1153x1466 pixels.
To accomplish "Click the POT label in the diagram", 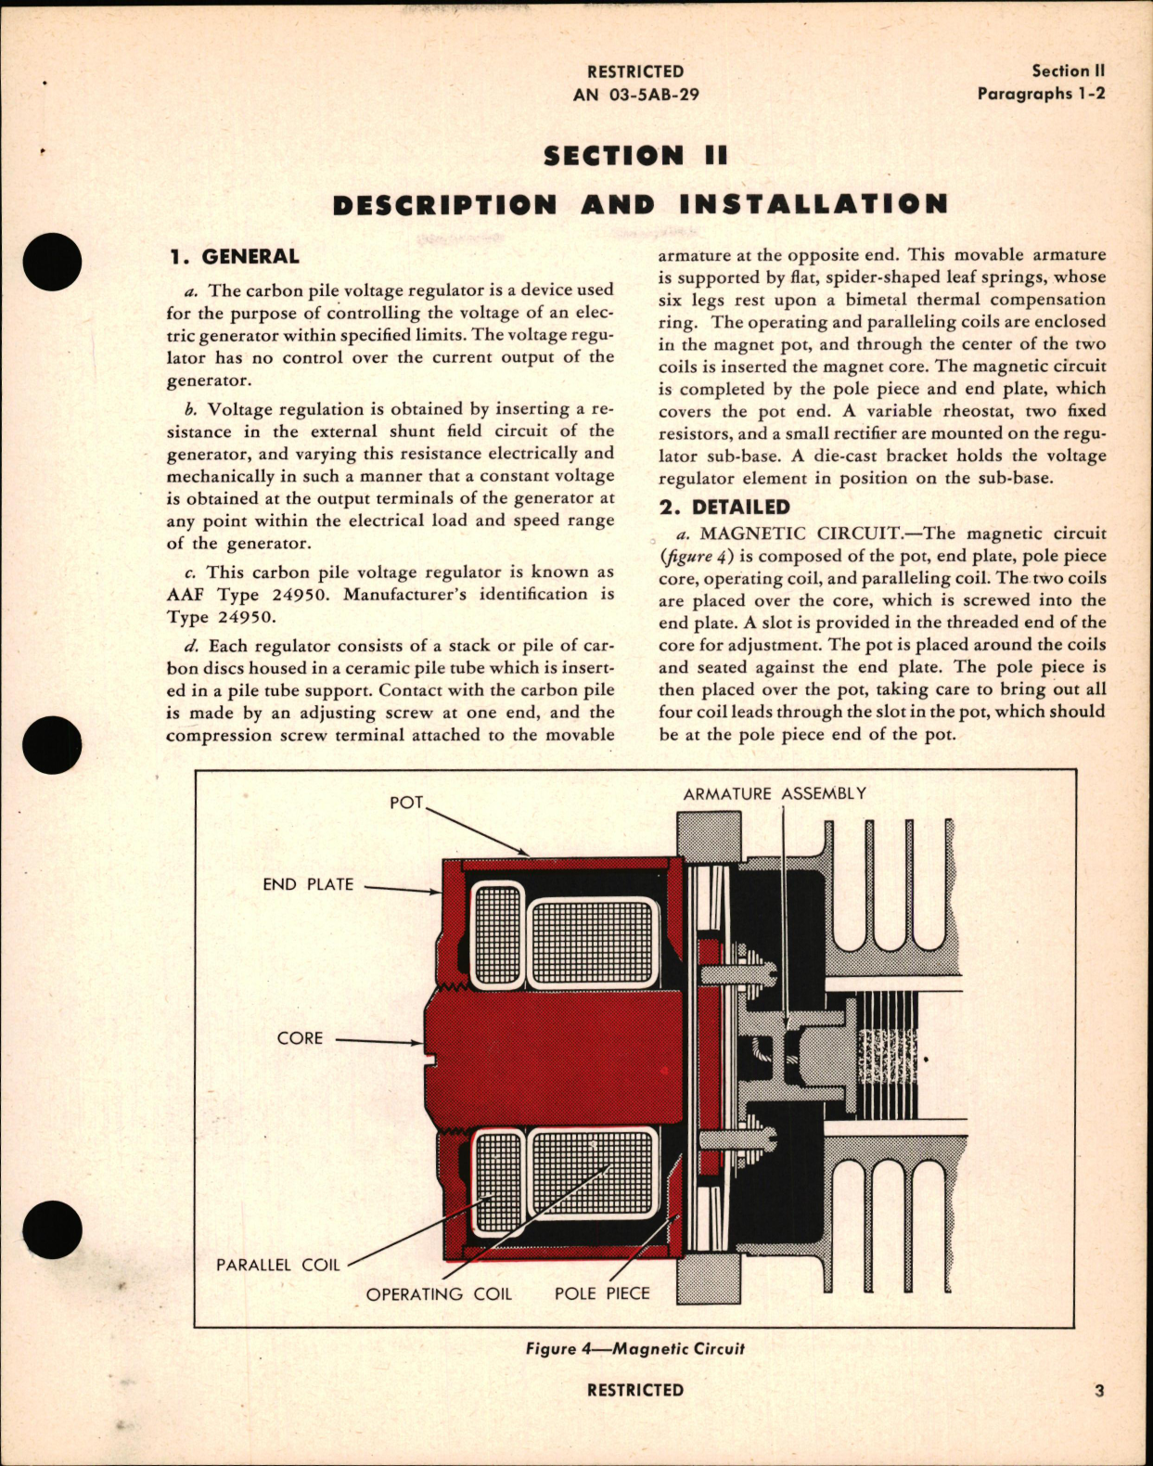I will click(x=406, y=803).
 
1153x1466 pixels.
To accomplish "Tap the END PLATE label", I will click(x=308, y=884).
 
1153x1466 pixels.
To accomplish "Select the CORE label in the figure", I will click(x=300, y=1037).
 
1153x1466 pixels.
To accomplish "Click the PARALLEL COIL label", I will click(x=278, y=1265).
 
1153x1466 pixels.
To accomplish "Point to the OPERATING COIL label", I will click(x=439, y=1293).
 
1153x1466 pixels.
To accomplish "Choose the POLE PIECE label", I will click(x=602, y=1293).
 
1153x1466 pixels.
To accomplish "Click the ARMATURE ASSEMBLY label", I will click(x=775, y=793).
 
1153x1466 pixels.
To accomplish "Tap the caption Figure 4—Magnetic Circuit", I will click(x=634, y=1348).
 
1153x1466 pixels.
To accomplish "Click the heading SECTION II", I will click(x=636, y=156).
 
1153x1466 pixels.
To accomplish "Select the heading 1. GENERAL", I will click(x=234, y=257).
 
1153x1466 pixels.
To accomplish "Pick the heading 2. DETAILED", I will click(x=724, y=507).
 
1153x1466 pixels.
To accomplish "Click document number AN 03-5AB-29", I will click(x=636, y=94).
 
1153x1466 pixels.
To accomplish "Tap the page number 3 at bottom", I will click(x=1099, y=1390).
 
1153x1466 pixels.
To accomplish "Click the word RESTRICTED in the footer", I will click(x=635, y=1390).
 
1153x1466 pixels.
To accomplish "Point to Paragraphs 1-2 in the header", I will click(x=1041, y=94).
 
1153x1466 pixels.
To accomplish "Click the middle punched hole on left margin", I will click(x=53, y=745).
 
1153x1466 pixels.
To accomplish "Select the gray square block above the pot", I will click(x=710, y=834).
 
